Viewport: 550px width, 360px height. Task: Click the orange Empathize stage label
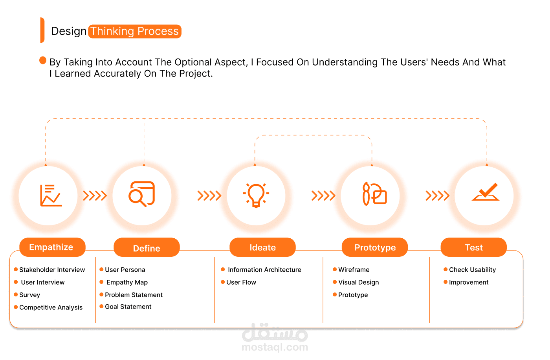tap(53, 247)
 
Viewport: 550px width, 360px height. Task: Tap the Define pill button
tap(147, 247)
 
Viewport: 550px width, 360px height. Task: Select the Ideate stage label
tap(262, 247)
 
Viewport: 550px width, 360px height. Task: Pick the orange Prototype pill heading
tap(375, 247)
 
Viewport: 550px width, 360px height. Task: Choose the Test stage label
tap(474, 247)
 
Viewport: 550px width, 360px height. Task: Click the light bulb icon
tap(256, 196)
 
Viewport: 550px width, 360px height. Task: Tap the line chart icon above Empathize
tap(51, 196)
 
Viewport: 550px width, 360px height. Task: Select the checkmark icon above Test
tap(486, 192)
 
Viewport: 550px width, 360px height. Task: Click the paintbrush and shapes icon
tap(375, 194)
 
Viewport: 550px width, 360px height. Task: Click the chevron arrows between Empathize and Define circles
tap(95, 196)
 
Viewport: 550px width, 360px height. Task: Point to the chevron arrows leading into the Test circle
tap(438, 196)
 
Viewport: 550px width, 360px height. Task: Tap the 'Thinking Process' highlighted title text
tap(135, 31)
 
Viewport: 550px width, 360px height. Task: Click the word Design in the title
tap(69, 31)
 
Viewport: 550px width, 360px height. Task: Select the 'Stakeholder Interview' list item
tap(52, 270)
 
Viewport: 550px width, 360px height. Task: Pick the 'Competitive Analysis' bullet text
tap(51, 307)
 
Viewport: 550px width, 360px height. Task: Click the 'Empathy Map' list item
tap(127, 282)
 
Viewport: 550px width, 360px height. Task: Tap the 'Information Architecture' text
tap(264, 270)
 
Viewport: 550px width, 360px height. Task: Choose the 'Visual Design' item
tap(358, 282)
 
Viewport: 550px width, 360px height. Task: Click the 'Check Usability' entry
tap(472, 270)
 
